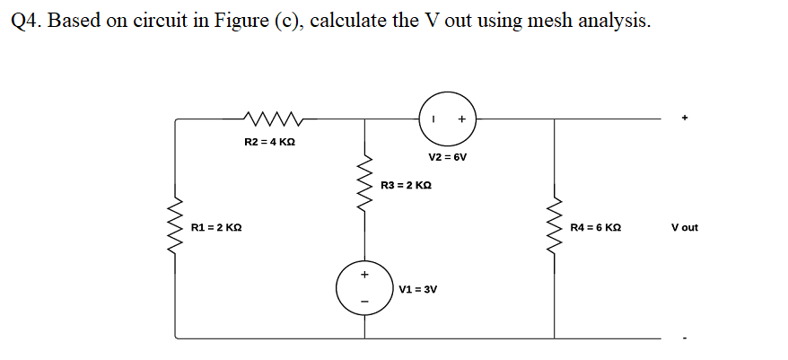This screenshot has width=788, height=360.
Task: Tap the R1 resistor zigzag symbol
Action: click(175, 228)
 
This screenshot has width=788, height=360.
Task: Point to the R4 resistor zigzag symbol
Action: click(556, 228)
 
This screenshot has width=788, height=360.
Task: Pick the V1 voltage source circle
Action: click(364, 287)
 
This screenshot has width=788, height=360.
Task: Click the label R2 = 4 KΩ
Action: click(270, 142)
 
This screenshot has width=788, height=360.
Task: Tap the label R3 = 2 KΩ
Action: click(407, 185)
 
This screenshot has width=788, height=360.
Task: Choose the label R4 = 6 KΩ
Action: click(596, 228)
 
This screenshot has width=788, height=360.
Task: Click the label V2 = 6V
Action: click(448, 157)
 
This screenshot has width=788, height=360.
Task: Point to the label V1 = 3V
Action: click(417, 290)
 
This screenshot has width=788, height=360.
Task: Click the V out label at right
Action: click(684, 228)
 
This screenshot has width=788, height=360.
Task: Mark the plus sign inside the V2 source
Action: click(461, 119)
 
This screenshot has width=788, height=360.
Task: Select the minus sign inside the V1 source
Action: click(364, 301)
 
